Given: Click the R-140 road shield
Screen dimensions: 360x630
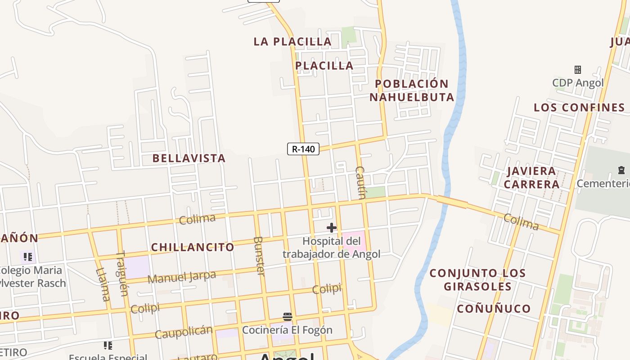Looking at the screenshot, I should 303,149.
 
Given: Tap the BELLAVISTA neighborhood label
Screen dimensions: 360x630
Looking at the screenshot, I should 189,158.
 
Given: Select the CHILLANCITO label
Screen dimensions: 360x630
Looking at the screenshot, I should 193,247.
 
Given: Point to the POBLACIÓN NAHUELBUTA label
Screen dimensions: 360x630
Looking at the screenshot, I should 411,90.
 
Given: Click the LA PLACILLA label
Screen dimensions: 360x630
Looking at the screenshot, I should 292,41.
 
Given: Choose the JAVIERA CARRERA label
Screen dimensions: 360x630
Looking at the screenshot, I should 531,177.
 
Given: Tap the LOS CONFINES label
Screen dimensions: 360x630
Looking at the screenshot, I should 579,108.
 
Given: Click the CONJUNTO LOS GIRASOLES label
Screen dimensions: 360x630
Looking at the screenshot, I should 477,279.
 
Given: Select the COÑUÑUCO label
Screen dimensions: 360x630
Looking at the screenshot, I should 494,309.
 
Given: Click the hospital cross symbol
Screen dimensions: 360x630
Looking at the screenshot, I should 332,228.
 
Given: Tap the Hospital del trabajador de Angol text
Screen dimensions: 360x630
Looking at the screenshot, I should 332,248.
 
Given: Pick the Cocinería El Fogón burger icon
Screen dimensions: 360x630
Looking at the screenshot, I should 288,317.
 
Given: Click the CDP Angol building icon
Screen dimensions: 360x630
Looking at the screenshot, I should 578,70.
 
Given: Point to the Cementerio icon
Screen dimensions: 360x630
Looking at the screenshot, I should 621,170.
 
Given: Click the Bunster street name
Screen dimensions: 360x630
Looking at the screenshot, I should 259,256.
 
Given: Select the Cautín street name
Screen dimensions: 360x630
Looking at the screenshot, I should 361,182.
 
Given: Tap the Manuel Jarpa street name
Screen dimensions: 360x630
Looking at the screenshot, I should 181,277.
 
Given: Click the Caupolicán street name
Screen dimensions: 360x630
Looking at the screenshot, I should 183,332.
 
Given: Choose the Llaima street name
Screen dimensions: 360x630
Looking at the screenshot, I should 103,284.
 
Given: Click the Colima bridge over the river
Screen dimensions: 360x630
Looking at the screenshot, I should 452,203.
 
